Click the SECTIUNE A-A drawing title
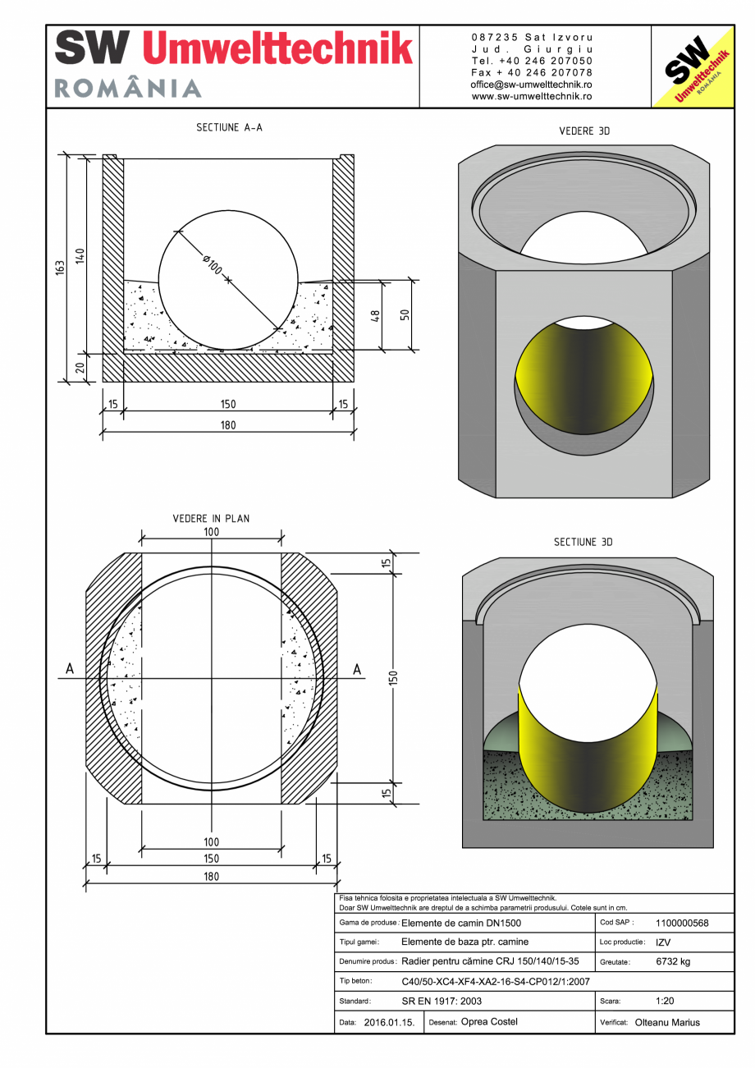click(229, 128)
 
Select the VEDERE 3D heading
click(583, 131)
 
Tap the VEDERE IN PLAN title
click(211, 519)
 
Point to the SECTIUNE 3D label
click(583, 543)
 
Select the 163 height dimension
click(60, 268)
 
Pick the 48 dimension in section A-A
click(375, 316)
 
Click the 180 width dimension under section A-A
click(227, 425)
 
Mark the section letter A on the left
click(70, 670)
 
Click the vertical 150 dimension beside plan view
click(393, 678)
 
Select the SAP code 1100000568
click(682, 923)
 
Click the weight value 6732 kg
click(672, 961)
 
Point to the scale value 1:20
click(666, 1002)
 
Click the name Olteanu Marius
click(667, 1023)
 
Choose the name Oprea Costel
click(489, 1022)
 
